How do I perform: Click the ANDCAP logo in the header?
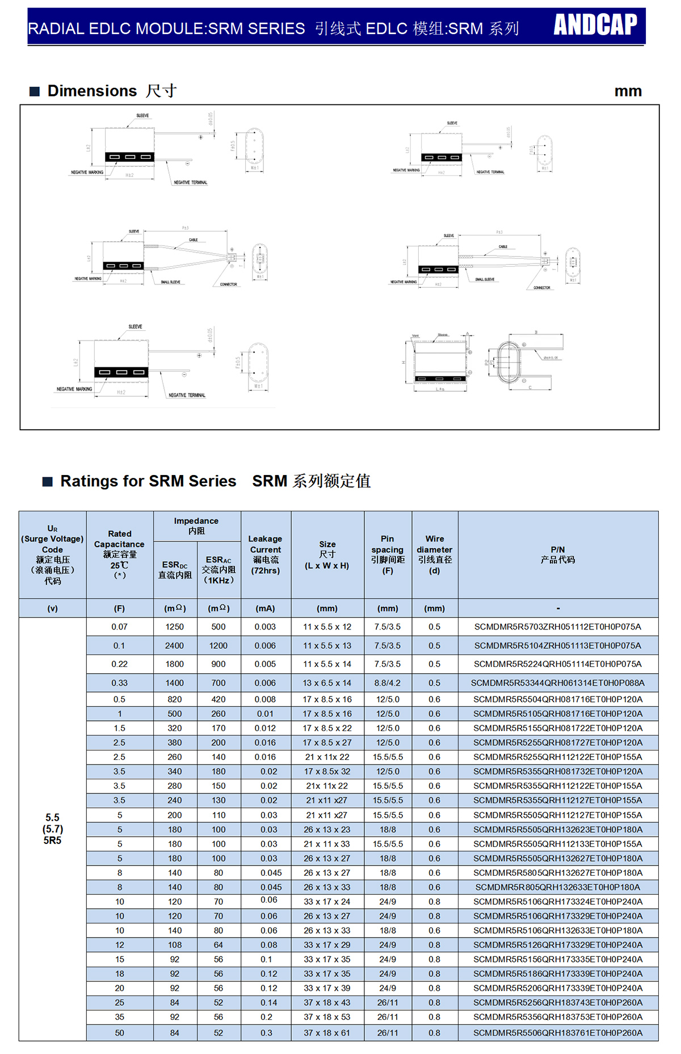point(595,24)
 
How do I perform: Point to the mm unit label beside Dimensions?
point(628,91)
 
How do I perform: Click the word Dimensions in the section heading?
point(92,91)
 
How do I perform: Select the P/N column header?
point(557,555)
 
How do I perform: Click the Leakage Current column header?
point(265,554)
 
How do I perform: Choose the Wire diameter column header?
point(434,554)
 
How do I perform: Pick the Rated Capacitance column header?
point(119,554)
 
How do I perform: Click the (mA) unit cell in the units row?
point(265,608)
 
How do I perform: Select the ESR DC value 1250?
point(174,627)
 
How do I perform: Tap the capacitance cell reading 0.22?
point(119,664)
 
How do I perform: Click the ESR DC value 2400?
point(174,645)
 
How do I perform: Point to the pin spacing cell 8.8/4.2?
point(388,683)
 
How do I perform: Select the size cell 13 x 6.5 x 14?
point(327,683)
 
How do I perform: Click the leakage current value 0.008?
point(265,699)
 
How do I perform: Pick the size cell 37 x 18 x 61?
point(327,1033)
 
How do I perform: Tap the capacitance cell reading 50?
point(119,1033)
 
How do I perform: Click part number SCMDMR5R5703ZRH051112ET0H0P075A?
point(557,627)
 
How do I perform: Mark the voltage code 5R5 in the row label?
point(52,841)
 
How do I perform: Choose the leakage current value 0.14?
point(268,1002)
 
